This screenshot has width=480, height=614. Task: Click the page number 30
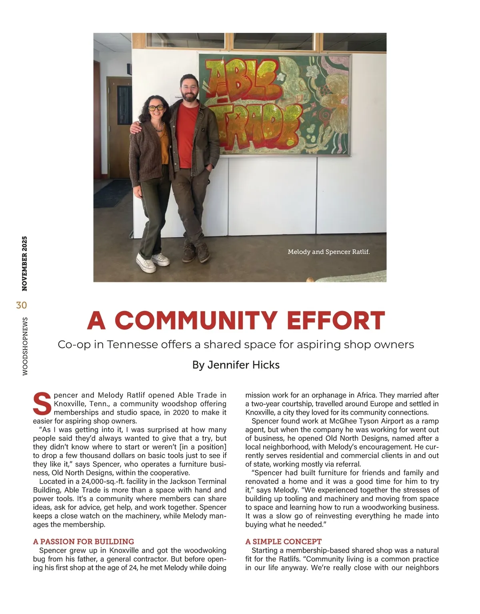click(x=22, y=305)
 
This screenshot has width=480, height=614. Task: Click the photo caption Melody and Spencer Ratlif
click(x=328, y=252)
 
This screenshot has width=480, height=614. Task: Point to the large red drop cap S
click(x=42, y=404)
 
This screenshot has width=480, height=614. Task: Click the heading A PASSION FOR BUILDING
click(x=84, y=542)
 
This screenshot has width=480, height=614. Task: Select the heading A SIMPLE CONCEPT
click(x=283, y=542)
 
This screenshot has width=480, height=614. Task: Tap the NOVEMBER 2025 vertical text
click(x=24, y=263)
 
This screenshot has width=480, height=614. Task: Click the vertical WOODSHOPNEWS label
click(x=25, y=346)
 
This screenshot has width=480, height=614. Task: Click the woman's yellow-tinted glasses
click(x=156, y=108)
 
